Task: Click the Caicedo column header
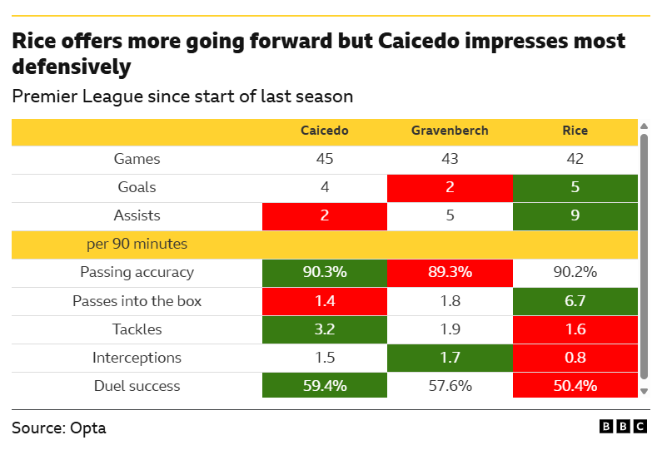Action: pos(324,131)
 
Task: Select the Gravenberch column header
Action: pos(450,131)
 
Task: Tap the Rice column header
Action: pos(575,131)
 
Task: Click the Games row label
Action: pos(137,159)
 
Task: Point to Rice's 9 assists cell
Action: pos(575,215)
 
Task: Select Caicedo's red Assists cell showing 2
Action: pos(324,215)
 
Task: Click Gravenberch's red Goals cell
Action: pos(450,187)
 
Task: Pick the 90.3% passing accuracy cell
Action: pos(324,272)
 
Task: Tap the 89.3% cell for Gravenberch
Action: pos(450,272)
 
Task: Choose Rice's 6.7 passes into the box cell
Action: pos(575,300)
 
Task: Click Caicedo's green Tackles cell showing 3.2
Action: pos(324,329)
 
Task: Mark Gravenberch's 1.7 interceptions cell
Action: pos(450,358)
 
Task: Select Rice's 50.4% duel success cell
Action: pos(575,386)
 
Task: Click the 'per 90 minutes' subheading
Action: pos(137,244)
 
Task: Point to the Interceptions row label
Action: pos(137,358)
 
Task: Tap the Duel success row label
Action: pos(137,386)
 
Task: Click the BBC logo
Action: pos(623,426)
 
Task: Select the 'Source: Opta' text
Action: pos(59,428)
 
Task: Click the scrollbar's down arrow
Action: pos(644,391)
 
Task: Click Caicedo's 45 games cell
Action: pos(324,159)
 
